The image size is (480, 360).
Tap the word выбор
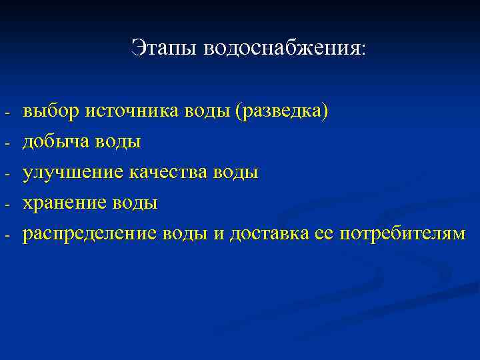pos(51,111)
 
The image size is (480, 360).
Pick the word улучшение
pos(72,173)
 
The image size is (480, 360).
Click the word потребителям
pos(403,234)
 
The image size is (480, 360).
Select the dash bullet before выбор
pos(6,113)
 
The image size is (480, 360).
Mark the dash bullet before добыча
pos(6,143)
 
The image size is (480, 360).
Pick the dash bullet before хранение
pos(6,205)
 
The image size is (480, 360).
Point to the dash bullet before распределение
pos(6,235)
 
